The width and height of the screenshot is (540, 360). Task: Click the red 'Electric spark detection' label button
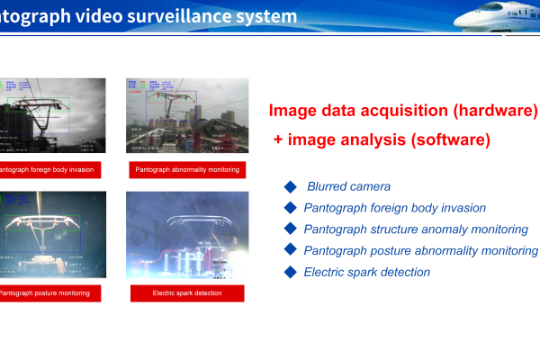click(x=186, y=292)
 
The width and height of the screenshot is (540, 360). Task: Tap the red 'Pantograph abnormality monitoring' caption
click(x=186, y=169)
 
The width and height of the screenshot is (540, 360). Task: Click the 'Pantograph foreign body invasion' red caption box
click(x=49, y=169)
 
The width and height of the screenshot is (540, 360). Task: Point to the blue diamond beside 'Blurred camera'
click(x=290, y=186)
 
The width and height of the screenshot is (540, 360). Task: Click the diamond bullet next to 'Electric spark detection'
click(x=290, y=272)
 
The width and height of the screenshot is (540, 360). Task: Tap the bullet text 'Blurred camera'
click(x=348, y=186)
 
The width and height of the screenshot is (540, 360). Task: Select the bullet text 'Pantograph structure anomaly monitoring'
click(x=415, y=229)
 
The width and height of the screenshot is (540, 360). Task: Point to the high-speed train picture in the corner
click(x=498, y=20)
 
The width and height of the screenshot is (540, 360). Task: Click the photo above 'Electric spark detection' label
click(x=186, y=235)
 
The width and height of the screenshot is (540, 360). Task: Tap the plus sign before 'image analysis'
click(x=279, y=141)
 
